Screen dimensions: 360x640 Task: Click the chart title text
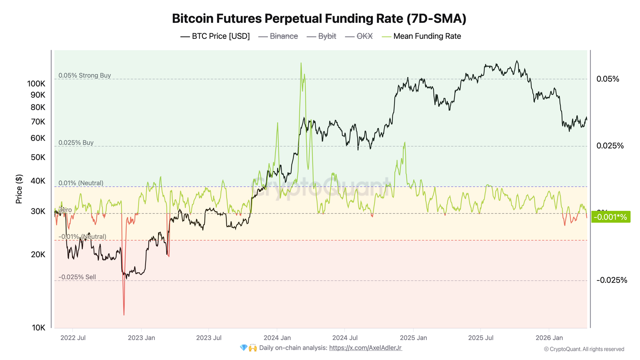[x=319, y=19]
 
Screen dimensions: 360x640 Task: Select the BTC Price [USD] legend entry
[x=215, y=36]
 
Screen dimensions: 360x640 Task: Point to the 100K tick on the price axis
[x=36, y=84]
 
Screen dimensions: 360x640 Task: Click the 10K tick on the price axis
[x=38, y=328]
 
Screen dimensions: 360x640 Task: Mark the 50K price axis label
[x=38, y=157]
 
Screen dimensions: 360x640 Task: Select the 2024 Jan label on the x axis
[x=277, y=338]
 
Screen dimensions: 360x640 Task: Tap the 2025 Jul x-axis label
[x=480, y=338]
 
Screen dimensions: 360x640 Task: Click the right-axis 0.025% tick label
[x=610, y=146]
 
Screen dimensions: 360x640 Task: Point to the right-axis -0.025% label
[x=611, y=280]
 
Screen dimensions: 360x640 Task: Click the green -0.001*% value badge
[x=610, y=217]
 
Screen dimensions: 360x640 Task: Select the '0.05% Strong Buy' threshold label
[x=84, y=76]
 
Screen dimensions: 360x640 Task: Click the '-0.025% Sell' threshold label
[x=77, y=277]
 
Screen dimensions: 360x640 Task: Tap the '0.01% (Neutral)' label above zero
[x=81, y=183]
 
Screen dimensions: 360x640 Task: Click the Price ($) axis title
[x=19, y=189]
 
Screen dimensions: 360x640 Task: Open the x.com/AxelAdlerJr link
[x=365, y=348]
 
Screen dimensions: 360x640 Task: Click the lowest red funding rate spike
[x=124, y=314]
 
